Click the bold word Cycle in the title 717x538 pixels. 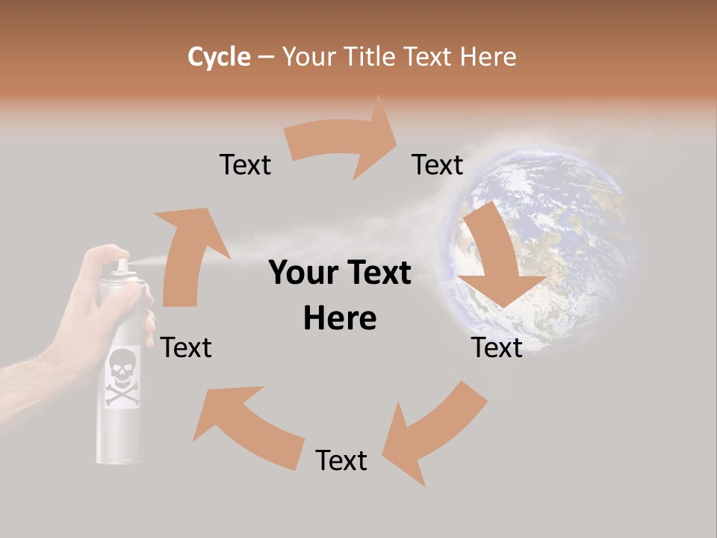tap(219, 57)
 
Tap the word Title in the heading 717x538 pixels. tap(371, 57)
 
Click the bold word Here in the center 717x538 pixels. tap(340, 318)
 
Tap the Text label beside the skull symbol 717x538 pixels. tap(186, 347)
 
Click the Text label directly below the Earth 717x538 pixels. tap(497, 347)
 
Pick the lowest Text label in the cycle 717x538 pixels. tap(341, 460)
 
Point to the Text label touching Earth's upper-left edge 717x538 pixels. tap(438, 164)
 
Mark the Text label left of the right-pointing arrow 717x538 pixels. tap(245, 164)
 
